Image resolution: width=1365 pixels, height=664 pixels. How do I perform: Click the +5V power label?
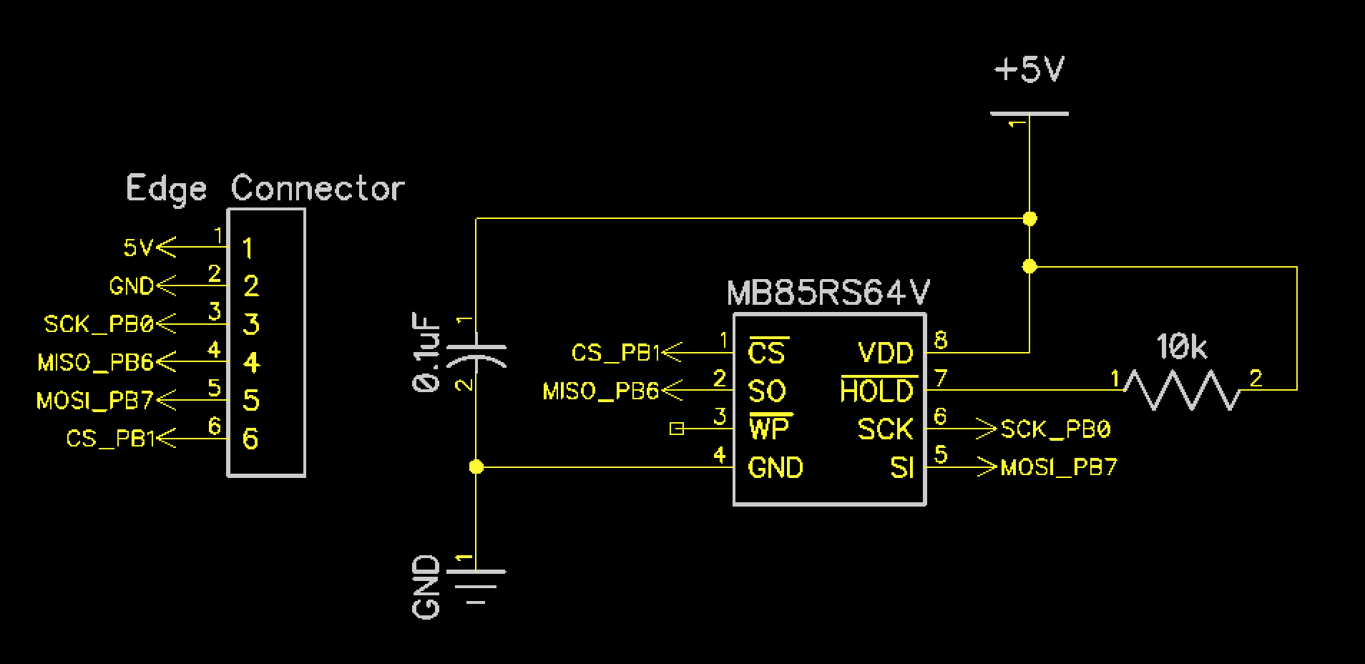[x=1029, y=70]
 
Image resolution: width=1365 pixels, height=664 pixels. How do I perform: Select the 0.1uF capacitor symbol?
[x=476, y=355]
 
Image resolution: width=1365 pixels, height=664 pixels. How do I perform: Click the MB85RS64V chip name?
[x=828, y=293]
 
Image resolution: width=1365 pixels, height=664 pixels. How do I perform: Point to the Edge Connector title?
[x=265, y=188]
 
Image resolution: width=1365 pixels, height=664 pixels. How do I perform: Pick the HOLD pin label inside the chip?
[x=878, y=391]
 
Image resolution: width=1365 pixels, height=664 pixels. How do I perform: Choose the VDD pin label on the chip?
[x=886, y=353]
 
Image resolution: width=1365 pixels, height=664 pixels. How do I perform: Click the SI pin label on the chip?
[x=902, y=467]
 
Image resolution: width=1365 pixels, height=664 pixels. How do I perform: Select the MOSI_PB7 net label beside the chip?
[x=1059, y=468]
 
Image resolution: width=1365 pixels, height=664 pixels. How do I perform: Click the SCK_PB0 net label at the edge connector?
[x=99, y=324]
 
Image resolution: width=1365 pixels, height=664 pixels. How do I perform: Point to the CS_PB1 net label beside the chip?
[x=615, y=353]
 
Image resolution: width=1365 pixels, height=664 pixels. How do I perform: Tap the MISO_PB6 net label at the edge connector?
[x=96, y=362]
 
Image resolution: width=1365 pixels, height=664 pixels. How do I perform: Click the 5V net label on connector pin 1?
[x=138, y=248]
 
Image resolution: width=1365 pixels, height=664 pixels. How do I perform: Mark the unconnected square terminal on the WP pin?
[x=677, y=429]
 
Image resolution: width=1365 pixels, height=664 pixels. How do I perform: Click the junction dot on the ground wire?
[x=476, y=467]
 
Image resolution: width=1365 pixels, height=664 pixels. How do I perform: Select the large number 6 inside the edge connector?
[x=250, y=438]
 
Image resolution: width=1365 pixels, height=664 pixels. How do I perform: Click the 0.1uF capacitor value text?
[x=426, y=351]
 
